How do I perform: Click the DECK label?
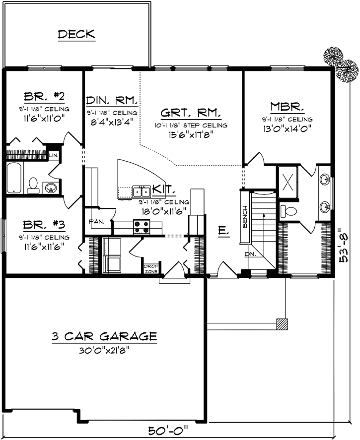point(76,34)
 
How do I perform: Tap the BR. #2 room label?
point(45,96)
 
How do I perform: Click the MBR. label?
point(287,106)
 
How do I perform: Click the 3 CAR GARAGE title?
point(104,337)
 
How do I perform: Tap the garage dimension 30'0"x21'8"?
point(104,350)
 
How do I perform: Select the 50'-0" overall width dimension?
point(171,430)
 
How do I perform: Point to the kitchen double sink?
point(142,191)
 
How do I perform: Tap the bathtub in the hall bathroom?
point(14,178)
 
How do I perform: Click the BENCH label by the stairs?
point(245,217)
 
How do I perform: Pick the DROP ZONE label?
point(151,268)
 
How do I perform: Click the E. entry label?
point(223,230)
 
